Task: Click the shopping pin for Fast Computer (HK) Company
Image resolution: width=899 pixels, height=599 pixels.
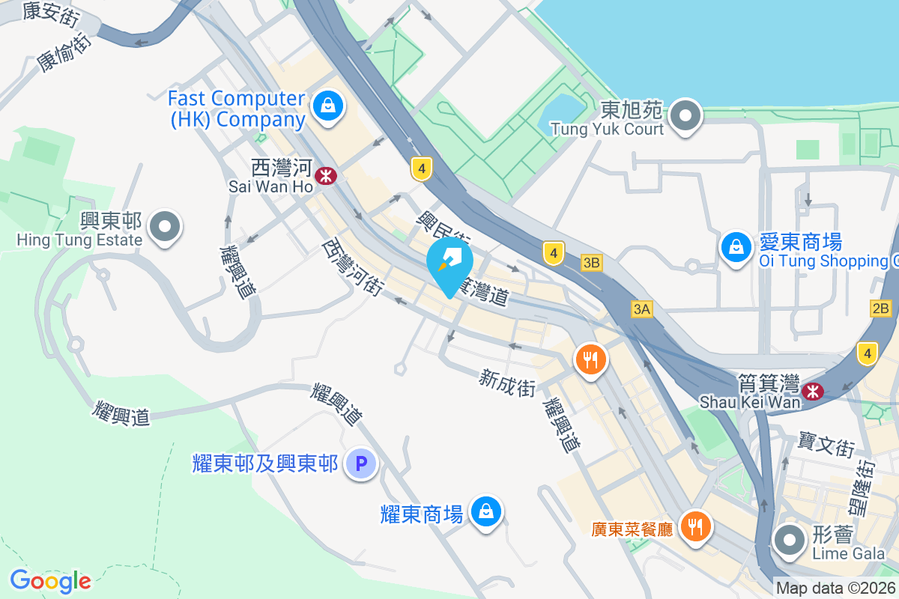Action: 327,106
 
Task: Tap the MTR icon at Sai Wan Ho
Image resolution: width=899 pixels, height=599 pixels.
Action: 326,177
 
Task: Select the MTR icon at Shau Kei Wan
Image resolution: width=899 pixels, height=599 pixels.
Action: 812,391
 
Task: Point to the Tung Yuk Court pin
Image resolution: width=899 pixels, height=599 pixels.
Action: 685,117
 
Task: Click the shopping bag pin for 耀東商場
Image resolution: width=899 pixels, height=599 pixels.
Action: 486,512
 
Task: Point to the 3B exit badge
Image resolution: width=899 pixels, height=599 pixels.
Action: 592,263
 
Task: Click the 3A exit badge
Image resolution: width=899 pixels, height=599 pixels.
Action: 642,309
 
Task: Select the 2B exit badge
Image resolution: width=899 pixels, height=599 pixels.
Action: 881,308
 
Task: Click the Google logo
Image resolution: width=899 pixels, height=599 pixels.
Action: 50,581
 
